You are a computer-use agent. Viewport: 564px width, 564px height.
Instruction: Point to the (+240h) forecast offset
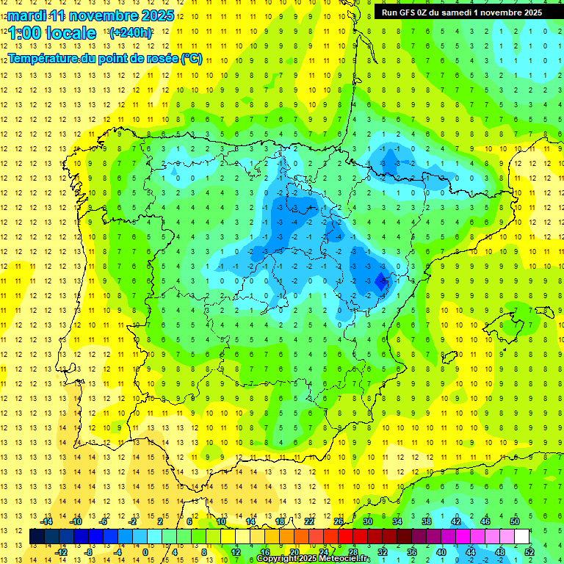(131, 33)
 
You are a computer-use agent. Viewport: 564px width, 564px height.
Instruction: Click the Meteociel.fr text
(345, 559)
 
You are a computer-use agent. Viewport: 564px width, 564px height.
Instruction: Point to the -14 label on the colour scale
(46, 521)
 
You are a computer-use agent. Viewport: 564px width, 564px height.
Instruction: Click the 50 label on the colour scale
(515, 521)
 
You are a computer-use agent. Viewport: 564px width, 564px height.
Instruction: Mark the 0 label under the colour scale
(145, 552)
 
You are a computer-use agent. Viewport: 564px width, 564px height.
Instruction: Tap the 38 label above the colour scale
(426, 521)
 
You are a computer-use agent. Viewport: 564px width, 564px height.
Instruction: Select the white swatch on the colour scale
(521, 537)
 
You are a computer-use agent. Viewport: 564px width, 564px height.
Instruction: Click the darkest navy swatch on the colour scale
(37, 537)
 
